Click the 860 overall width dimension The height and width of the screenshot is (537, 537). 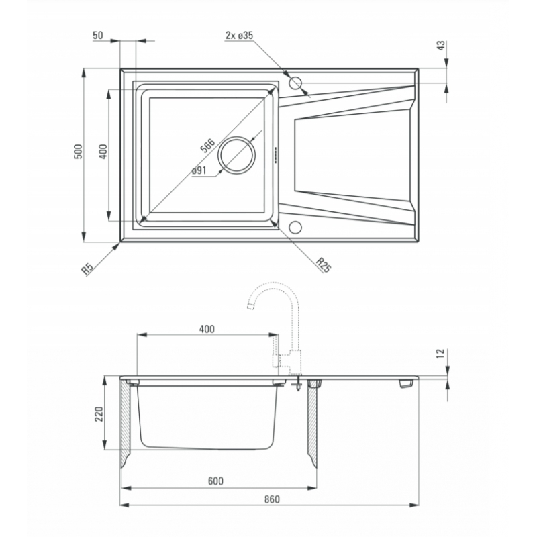[x=272, y=499]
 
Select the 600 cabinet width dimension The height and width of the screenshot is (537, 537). [x=215, y=481]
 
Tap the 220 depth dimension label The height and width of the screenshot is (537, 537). [x=99, y=413]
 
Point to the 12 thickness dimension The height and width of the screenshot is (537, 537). [x=441, y=353]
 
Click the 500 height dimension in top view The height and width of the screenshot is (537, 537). [x=79, y=152]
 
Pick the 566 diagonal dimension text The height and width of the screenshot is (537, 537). [x=208, y=146]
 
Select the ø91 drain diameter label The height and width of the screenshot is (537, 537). [x=199, y=170]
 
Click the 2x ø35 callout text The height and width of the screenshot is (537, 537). [x=239, y=35]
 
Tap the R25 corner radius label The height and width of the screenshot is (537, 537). [x=324, y=264]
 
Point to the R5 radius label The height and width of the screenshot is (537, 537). [x=87, y=268]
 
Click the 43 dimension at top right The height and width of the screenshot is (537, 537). [x=442, y=45]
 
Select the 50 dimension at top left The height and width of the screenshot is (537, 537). [x=98, y=36]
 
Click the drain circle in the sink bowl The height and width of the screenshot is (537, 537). [x=237, y=155]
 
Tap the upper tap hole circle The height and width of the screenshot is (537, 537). [x=295, y=83]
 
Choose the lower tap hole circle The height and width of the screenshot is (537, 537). [x=295, y=228]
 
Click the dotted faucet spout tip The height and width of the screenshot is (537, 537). [x=251, y=306]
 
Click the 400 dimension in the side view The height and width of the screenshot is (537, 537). [x=207, y=329]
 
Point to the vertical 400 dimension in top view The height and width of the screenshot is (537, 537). [x=103, y=152]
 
